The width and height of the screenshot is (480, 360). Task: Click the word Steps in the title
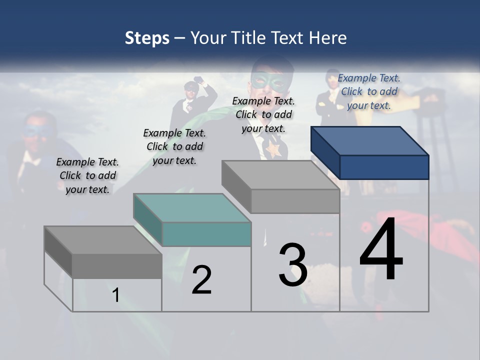coord(147,38)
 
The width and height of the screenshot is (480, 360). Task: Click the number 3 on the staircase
coord(293,264)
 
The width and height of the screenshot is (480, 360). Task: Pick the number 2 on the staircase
coord(201,280)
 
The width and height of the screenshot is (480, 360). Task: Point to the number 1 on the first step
coord(116,295)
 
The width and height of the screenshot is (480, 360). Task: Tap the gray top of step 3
coord(280,174)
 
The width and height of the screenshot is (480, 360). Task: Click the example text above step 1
coord(87,175)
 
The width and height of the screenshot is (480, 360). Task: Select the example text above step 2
coord(174,146)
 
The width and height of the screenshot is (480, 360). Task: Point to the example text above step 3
coord(263,114)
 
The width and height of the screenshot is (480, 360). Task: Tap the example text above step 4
coord(369,91)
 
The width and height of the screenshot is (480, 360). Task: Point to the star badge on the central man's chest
coord(273,148)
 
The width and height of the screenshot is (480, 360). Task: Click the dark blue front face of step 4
coord(384,167)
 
